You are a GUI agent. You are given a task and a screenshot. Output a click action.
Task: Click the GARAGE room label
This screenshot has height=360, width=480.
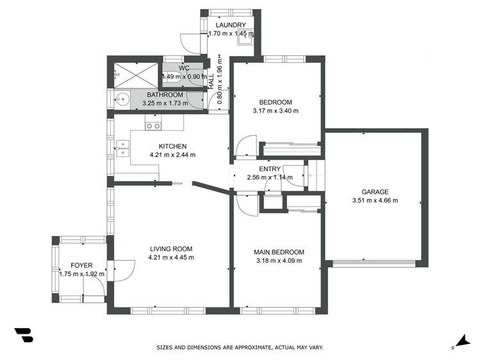(x=375, y=192)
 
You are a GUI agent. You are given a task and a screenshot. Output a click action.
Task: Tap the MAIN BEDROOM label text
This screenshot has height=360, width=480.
(x=279, y=252)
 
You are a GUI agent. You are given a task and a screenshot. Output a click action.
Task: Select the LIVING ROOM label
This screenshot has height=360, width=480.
(x=171, y=249)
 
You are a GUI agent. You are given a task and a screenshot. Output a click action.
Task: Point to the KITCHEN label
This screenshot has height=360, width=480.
(x=172, y=146)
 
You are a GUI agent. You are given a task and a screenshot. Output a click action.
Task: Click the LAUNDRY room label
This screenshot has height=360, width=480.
(x=230, y=25)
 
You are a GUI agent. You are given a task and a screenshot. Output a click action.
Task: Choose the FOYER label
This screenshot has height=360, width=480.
(x=81, y=265)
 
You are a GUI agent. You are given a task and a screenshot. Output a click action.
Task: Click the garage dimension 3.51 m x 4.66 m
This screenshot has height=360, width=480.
(x=375, y=200)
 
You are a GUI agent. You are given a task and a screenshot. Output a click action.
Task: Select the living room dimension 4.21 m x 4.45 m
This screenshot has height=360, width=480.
(x=171, y=258)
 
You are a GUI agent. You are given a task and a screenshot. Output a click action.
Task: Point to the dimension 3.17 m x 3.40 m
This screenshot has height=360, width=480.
(x=276, y=111)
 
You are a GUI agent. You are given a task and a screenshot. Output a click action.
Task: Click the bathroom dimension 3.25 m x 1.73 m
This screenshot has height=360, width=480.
(x=165, y=102)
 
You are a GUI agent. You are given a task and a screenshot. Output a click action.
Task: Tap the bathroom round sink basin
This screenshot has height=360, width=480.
(x=121, y=99)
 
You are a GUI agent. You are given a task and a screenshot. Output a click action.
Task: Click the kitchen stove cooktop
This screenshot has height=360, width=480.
(x=153, y=126)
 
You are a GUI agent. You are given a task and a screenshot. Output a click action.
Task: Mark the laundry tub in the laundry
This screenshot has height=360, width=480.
(x=244, y=39)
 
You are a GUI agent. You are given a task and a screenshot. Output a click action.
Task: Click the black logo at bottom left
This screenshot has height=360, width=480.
(x=24, y=335)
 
